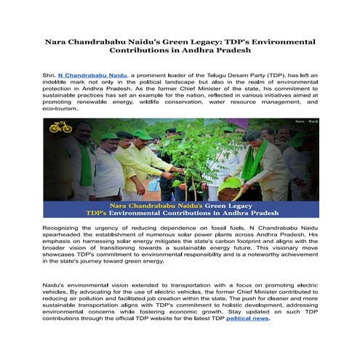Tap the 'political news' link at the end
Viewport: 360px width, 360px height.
pos(247,319)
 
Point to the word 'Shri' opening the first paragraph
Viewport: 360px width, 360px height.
pos(49,75)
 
